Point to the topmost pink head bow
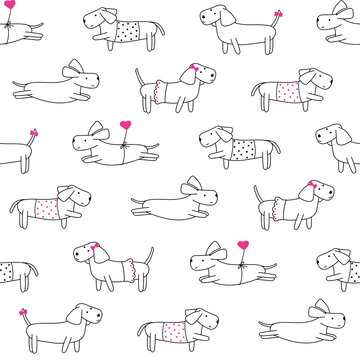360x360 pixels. coord(193,70)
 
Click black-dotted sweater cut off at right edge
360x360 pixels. coord(351,269)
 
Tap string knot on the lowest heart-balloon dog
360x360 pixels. coord(240,264)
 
